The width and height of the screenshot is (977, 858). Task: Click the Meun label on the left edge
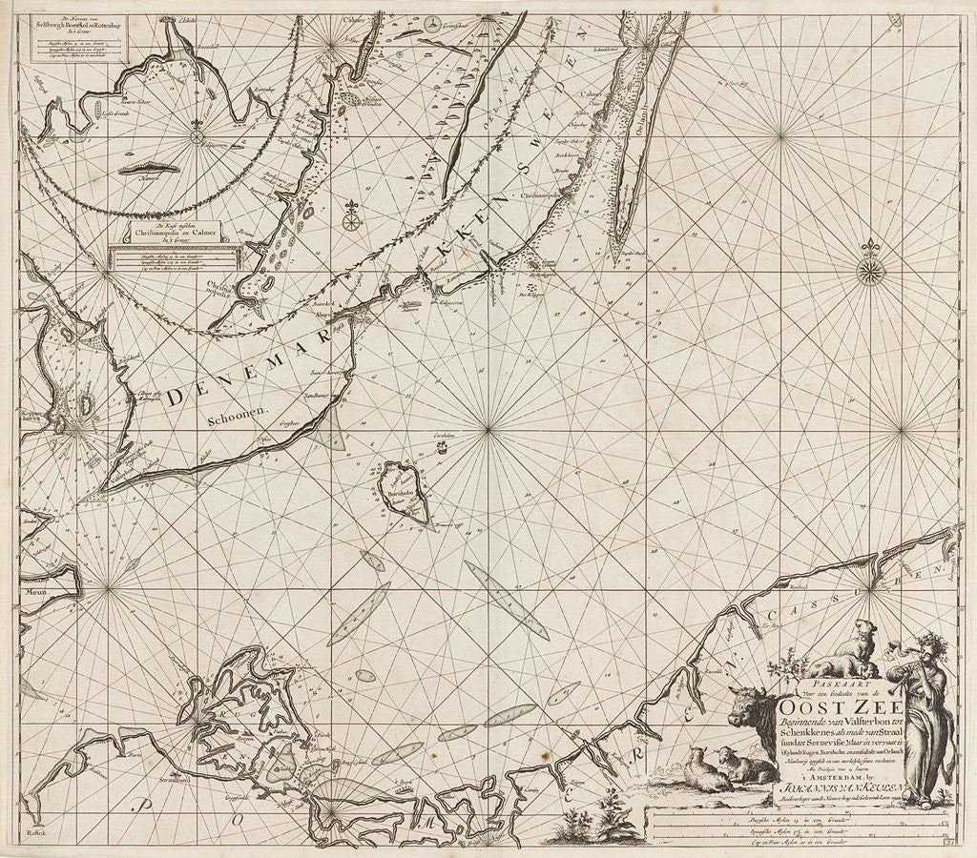coord(35,591)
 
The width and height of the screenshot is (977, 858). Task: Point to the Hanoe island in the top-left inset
coord(147,172)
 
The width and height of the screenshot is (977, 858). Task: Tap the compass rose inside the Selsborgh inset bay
coord(197,135)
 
